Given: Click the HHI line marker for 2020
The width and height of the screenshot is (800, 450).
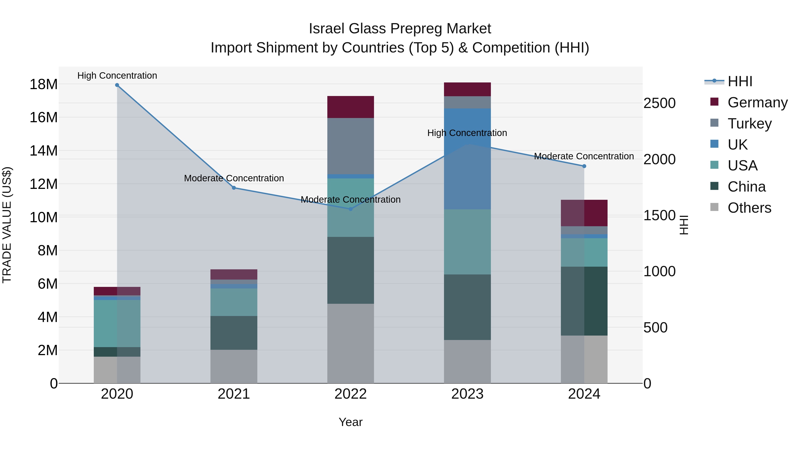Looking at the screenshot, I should click(117, 85).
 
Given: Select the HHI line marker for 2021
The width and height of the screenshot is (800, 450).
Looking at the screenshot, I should click(234, 188).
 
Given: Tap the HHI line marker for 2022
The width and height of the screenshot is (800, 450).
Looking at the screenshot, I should click(351, 209).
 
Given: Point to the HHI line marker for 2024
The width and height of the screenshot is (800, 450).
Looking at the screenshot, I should click(584, 166).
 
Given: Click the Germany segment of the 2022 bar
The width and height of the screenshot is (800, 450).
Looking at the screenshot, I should click(351, 107).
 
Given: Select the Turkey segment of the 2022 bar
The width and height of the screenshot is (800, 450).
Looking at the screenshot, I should click(351, 146).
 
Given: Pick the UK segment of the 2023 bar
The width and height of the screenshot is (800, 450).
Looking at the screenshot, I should click(467, 159).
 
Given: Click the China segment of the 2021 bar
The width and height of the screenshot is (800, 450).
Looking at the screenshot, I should click(234, 333).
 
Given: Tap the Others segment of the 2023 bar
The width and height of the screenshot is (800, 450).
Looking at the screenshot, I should click(467, 362).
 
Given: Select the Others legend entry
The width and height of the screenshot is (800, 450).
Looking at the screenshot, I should click(749, 208).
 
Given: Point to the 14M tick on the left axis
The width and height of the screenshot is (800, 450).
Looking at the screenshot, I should click(44, 151).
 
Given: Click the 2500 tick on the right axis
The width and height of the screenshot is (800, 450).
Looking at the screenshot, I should click(659, 103).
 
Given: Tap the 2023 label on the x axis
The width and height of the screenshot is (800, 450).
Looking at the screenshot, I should click(467, 394).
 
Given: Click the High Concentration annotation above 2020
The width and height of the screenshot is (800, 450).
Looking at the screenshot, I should click(117, 76).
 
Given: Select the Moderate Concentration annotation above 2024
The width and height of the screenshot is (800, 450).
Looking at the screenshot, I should click(584, 156).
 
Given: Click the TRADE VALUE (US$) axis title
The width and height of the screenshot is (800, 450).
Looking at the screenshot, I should click(7, 225).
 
